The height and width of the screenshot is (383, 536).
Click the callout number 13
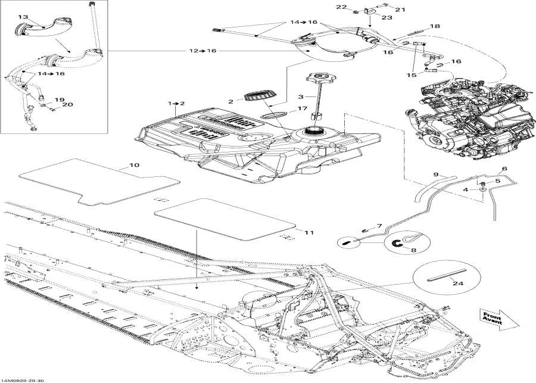[x=23, y=17]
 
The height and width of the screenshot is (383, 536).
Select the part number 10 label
[x=134, y=165]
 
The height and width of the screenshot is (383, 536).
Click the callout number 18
[x=435, y=26]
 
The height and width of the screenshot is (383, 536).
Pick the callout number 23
[x=370, y=17]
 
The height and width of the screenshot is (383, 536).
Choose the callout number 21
[x=399, y=10]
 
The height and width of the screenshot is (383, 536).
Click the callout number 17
[x=302, y=108]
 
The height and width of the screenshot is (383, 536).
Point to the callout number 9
[x=435, y=174]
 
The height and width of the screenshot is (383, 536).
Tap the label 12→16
[x=203, y=51]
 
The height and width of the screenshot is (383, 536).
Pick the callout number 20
[x=67, y=105]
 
